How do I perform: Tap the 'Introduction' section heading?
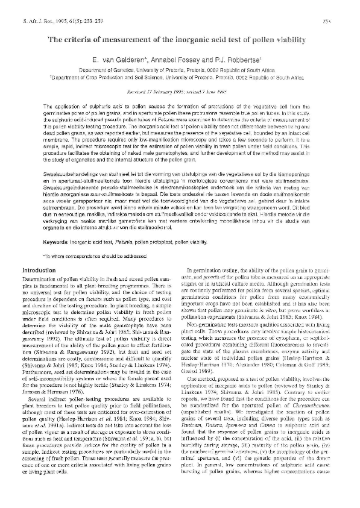(x=40, y=271)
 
